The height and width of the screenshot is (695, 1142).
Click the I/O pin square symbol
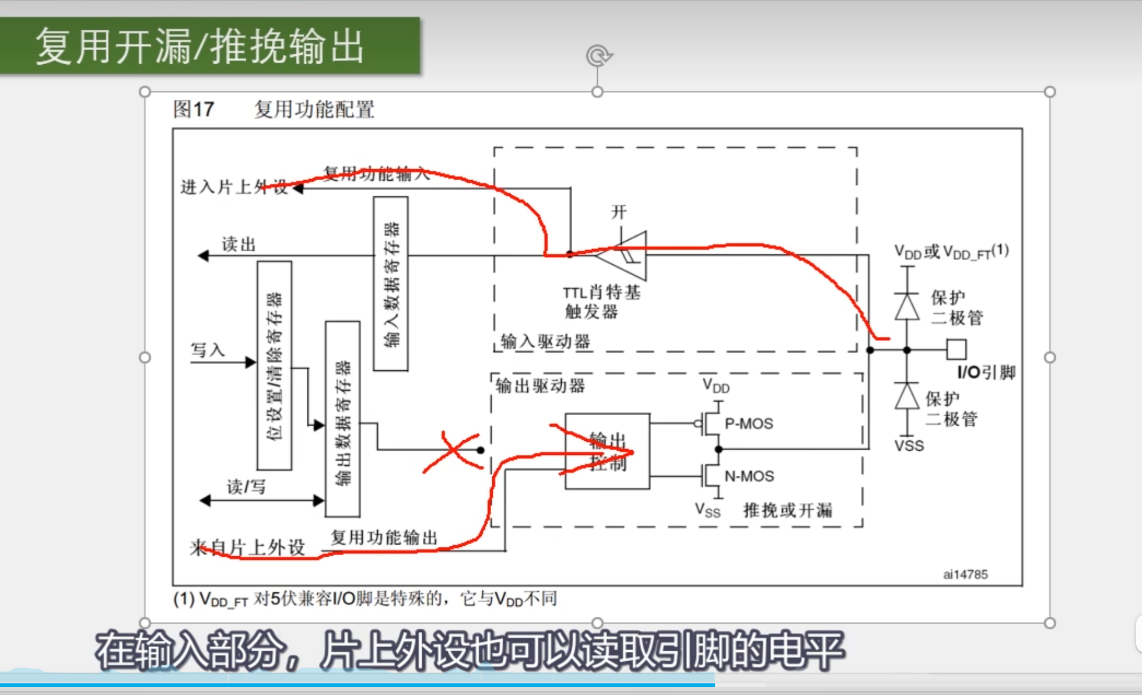tap(956, 350)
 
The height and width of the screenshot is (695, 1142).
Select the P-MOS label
tap(749, 424)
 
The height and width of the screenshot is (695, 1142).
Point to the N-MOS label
tap(749, 476)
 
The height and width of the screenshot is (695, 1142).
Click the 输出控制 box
tap(607, 451)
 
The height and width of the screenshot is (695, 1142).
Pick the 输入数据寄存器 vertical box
tap(390, 284)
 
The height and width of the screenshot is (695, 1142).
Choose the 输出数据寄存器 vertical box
tap(342, 419)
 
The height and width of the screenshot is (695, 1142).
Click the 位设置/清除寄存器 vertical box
tap(274, 366)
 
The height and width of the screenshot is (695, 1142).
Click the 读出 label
tap(239, 244)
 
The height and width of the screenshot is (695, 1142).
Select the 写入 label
tap(208, 350)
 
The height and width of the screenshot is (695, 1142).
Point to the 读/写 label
tap(246, 486)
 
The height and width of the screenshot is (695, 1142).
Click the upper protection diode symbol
tap(907, 306)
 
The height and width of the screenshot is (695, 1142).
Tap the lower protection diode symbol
tap(907, 396)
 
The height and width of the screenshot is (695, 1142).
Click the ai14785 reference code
tap(965, 574)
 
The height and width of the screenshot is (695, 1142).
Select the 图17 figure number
tap(194, 109)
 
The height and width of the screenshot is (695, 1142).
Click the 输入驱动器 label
tap(545, 341)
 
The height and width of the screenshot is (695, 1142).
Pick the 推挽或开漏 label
tap(787, 510)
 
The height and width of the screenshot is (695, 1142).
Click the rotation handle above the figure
tap(598, 56)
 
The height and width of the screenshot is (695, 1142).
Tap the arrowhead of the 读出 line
tap(203, 255)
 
